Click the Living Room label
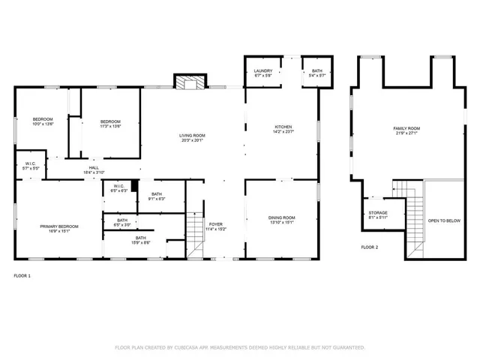192,136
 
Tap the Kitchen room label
282,127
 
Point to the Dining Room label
282,217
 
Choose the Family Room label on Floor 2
406,129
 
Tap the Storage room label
377,212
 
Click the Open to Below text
444,220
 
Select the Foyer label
216,223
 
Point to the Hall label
94,167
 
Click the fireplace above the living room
189,82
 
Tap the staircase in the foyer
195,232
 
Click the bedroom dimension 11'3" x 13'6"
110,127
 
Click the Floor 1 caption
22,276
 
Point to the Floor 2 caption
370,247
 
